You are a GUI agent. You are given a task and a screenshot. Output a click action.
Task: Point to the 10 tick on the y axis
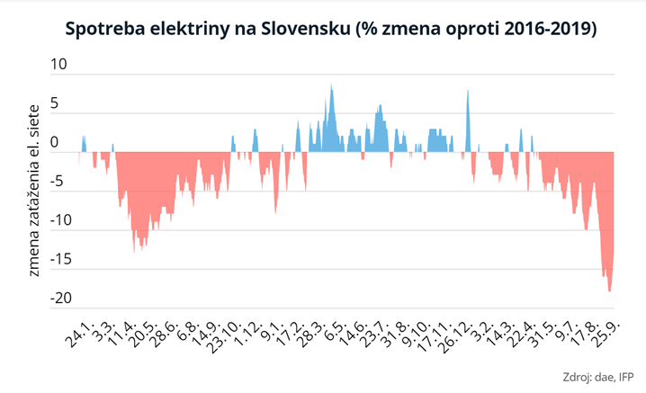point(58,65)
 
